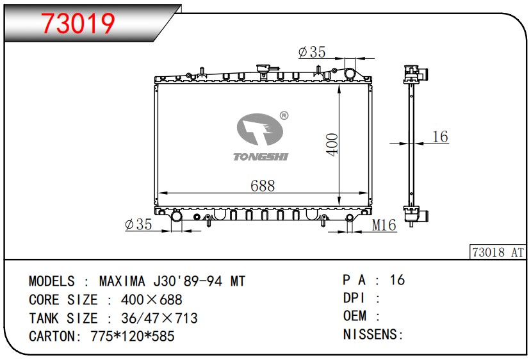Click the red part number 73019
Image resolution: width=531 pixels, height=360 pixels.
pos(78,23)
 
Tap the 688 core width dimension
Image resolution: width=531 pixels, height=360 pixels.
pos(263,186)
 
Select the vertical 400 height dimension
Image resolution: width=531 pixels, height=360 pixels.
pos(332,145)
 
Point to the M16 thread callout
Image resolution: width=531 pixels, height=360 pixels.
pos(384,225)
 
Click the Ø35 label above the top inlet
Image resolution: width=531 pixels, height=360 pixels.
pos(311,52)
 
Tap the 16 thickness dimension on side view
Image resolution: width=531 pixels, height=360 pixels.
pos(440,136)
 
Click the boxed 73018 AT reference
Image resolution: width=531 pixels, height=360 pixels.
pos(498,252)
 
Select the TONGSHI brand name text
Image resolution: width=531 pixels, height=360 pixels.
pos(261,156)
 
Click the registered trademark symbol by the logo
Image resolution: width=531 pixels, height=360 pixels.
pos(284,116)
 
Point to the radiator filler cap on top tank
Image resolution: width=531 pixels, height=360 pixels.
pos(262,68)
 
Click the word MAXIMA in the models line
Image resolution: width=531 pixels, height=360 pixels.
pos(122,281)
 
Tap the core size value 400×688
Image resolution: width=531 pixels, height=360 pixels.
pos(151,299)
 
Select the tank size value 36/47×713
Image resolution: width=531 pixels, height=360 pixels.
pos(159,318)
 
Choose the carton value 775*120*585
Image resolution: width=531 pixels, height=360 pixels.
pos(133,336)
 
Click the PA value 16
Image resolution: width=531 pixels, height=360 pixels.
pos(397,280)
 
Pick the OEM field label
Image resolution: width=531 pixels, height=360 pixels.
pos(355,316)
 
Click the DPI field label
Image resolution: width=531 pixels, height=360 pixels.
pos(354,298)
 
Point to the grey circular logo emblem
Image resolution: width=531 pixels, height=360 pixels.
pos(260,129)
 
